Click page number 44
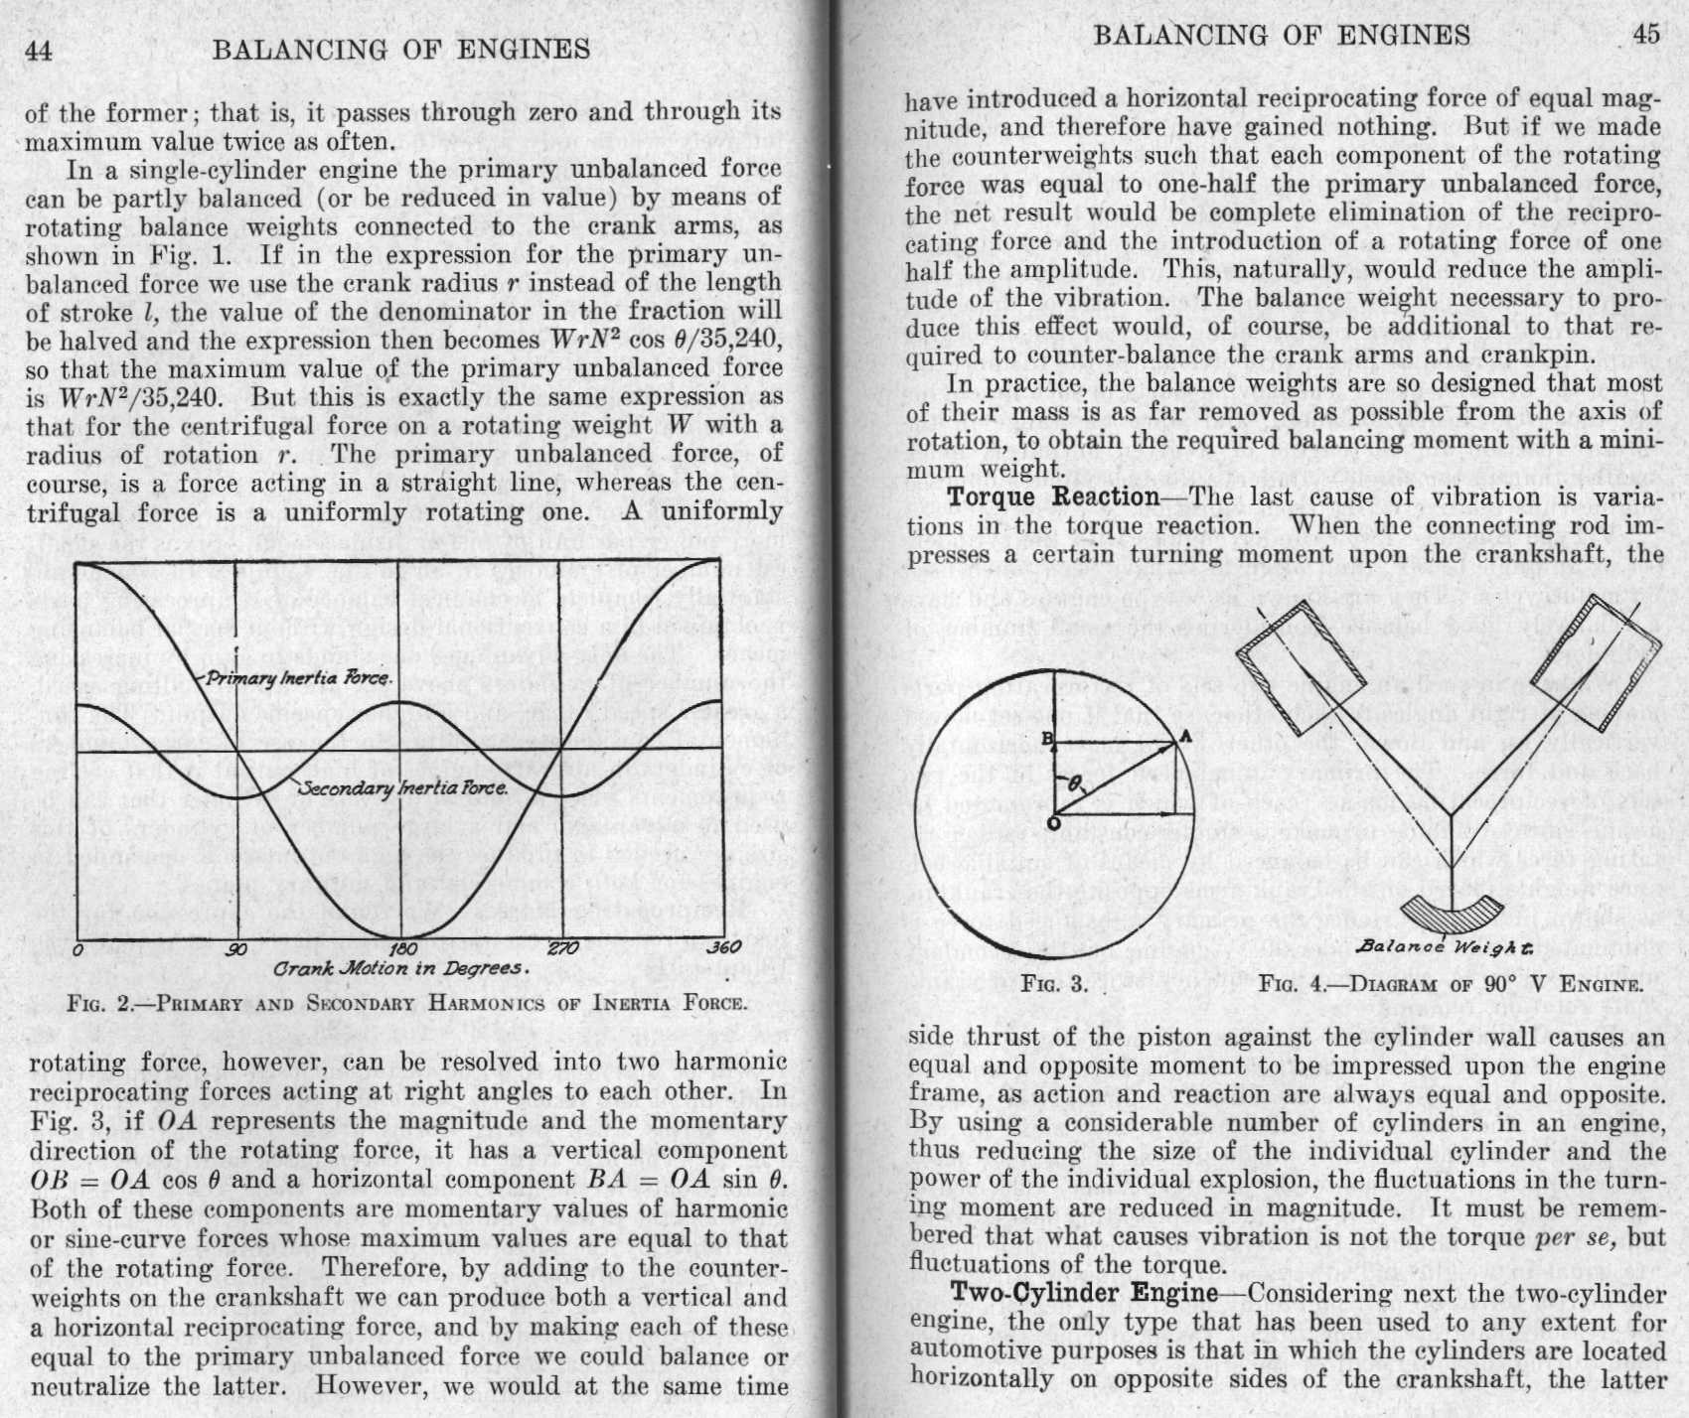tap(39, 50)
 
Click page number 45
tap(1645, 35)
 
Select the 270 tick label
tap(562, 948)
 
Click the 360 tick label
tap(723, 947)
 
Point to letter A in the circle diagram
tap(1184, 735)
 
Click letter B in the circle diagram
tap(1045, 737)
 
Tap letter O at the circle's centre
tap(1053, 822)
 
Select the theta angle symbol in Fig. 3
tap(1075, 783)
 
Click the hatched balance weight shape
tap(1452, 912)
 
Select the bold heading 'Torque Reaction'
tap(1053, 497)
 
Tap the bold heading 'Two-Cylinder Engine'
tap(1084, 1293)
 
